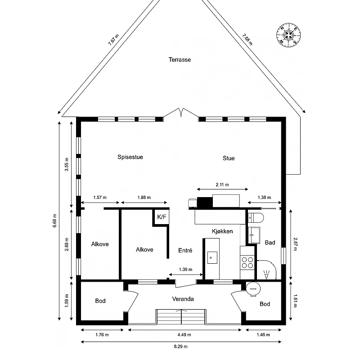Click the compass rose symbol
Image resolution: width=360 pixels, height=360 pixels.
tap(288, 35)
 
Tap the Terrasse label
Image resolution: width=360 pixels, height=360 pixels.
tap(180, 60)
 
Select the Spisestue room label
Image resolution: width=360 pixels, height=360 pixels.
tap(130, 157)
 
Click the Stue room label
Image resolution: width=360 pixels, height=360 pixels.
tap(229, 158)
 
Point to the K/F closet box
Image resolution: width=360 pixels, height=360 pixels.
tap(162, 217)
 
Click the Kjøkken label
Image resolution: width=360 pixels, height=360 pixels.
tap(222, 231)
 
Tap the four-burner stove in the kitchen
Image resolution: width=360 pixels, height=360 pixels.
tap(247, 263)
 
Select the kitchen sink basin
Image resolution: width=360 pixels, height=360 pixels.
tap(212, 257)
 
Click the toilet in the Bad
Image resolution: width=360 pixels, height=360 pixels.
tap(256, 217)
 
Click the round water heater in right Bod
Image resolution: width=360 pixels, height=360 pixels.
tap(253, 289)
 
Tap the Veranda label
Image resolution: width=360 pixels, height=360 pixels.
tap(183, 299)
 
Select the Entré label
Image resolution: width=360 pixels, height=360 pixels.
tap(185, 250)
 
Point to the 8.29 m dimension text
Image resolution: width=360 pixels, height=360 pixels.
tap(181, 346)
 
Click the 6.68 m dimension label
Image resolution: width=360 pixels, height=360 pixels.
tap(54, 220)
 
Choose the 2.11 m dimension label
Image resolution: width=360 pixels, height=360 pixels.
tap(222, 184)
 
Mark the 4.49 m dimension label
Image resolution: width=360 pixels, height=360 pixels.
tap(184, 335)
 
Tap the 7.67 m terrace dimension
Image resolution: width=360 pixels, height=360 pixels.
tap(114, 40)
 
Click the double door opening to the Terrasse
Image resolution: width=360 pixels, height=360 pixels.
tap(181, 113)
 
